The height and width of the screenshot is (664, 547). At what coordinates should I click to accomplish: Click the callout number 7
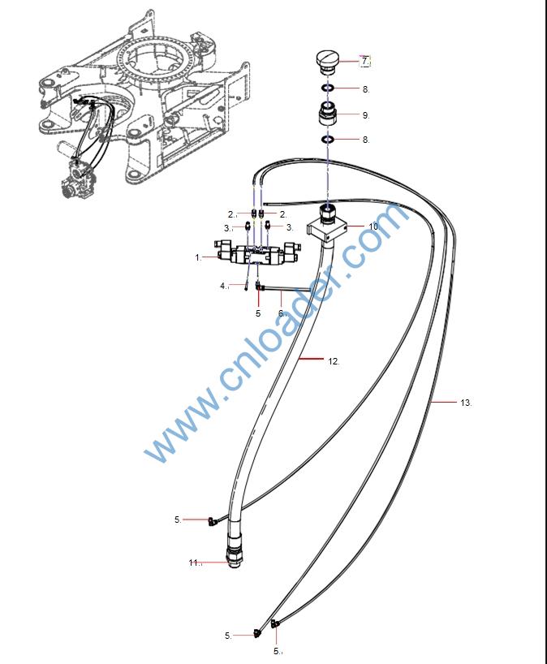365,61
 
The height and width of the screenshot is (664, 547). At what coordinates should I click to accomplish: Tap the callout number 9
366,115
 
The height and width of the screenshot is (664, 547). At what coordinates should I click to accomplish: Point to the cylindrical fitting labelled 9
329,114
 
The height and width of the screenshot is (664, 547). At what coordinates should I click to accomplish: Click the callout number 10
373,226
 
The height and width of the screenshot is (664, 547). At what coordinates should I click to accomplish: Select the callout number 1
197,257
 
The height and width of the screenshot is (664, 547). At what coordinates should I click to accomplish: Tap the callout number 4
223,286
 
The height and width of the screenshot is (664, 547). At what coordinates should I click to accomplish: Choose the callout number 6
282,313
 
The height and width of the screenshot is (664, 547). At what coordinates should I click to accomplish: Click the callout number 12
334,361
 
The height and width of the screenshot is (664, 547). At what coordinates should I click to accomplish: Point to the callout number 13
465,403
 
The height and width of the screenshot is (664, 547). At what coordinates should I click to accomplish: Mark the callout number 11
194,562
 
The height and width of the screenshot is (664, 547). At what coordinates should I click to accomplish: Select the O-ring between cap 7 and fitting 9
327,88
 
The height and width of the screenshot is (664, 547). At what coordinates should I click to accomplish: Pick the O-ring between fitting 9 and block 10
328,140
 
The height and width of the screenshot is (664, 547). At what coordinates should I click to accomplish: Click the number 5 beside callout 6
258,313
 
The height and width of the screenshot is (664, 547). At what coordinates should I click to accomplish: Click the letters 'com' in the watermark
381,235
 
